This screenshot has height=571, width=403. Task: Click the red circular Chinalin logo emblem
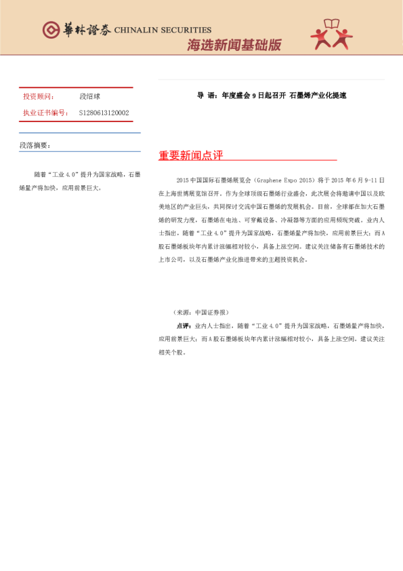(x=51, y=30)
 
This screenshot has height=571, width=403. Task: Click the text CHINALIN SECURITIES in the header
(x=163, y=31)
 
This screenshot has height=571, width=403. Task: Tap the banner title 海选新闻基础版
(x=234, y=45)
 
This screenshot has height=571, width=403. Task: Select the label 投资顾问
(x=39, y=97)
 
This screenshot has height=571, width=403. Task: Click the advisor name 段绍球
(x=89, y=97)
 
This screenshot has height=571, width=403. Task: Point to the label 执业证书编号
(x=45, y=113)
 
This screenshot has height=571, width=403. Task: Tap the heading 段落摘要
(x=35, y=146)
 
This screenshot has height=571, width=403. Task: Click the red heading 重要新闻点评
(x=190, y=156)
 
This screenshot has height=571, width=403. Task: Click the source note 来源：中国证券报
(x=201, y=313)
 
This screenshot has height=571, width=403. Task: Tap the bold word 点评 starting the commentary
(x=183, y=326)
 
